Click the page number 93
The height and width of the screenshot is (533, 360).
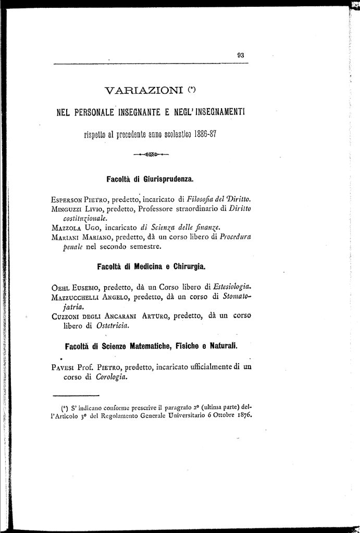coord(241,54)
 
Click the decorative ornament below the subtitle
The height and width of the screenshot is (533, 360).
coord(151,154)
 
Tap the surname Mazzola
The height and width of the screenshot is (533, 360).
coord(64,227)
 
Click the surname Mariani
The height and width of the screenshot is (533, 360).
coord(65,237)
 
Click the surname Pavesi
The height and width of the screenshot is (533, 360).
coord(64,367)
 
